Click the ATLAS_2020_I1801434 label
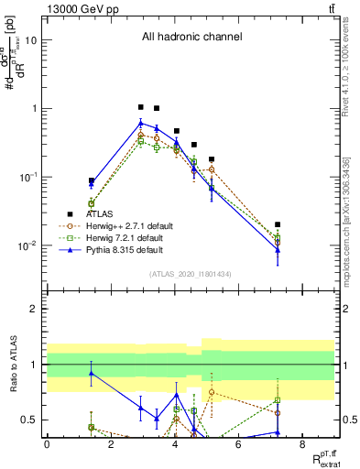[191, 274]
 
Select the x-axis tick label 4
[175, 444]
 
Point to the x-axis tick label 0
[47, 444]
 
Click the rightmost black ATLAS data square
[278, 224]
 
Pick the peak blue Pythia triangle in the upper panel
[140, 123]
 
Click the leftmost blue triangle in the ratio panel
[91, 372]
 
